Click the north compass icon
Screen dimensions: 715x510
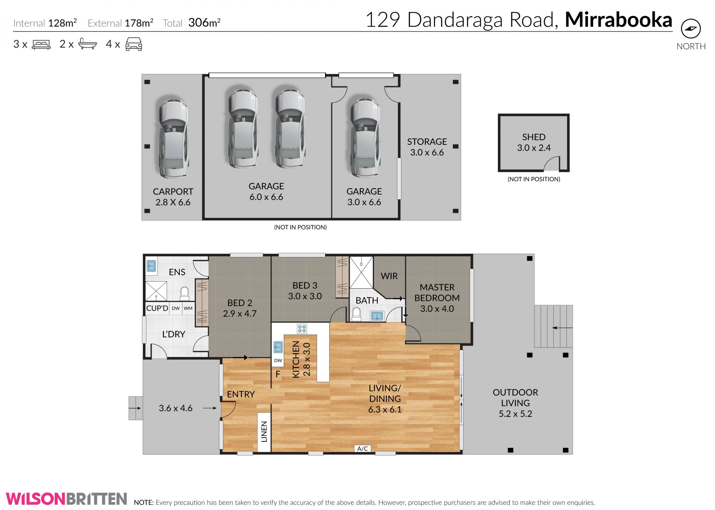coord(691,29)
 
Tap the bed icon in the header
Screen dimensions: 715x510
coord(41,45)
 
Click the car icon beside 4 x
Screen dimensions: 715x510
coord(134,44)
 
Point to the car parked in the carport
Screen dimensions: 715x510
coord(174,138)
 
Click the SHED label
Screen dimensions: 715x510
coord(534,137)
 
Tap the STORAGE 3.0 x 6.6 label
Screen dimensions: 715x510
coord(427,147)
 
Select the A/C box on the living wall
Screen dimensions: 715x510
coord(362,449)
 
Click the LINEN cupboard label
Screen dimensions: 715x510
coord(264,431)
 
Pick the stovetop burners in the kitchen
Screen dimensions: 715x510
coord(302,329)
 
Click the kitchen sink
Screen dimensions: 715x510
coord(278,347)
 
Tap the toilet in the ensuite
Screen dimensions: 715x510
coord(184,293)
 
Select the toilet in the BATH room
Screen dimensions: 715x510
coord(356,314)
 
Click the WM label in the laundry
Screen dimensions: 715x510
coord(188,308)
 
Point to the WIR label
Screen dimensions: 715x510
coord(389,276)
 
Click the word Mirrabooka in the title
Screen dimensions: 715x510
coord(618,20)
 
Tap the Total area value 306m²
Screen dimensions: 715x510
coord(204,23)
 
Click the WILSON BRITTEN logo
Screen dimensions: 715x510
coord(66,498)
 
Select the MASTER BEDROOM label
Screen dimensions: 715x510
coord(437,292)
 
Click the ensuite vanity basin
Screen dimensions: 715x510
coord(151,266)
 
